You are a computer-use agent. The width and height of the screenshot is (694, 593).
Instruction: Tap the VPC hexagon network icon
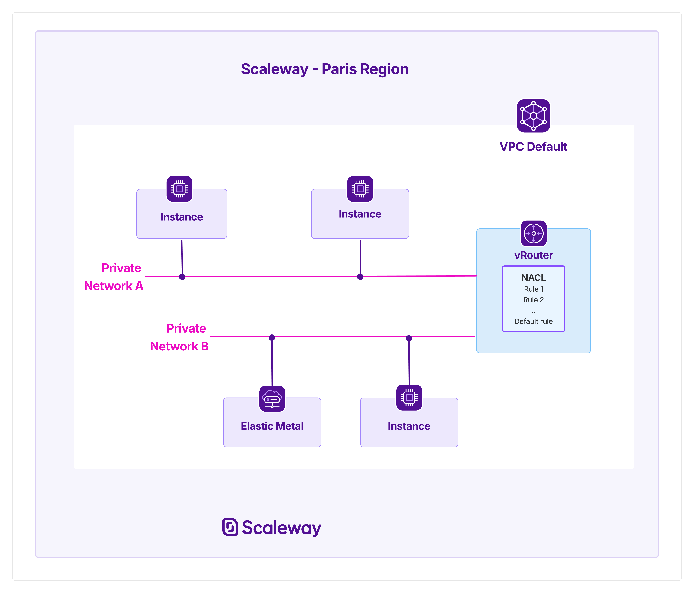click(x=533, y=116)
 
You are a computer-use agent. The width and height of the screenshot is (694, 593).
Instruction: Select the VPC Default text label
click(x=533, y=147)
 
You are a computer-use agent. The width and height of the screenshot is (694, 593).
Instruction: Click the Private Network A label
click(x=114, y=277)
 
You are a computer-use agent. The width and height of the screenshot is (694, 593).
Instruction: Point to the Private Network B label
click(x=179, y=337)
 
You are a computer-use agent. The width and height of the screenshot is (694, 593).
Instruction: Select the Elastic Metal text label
click(x=272, y=426)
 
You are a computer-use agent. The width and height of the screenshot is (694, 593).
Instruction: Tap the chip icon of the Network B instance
click(x=409, y=398)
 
